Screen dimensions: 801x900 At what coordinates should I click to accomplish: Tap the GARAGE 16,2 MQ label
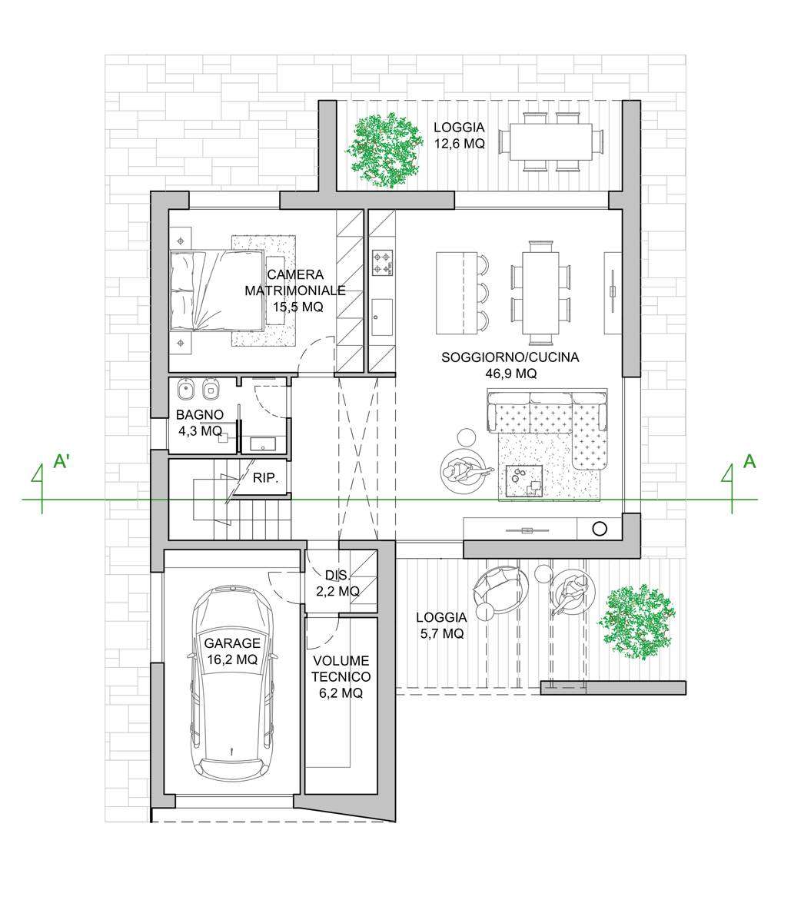point(232,652)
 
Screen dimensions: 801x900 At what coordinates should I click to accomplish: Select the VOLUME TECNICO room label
point(341,669)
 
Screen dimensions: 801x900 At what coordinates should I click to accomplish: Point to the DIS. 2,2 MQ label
point(338,583)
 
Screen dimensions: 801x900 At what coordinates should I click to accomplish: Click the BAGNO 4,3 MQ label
point(200,423)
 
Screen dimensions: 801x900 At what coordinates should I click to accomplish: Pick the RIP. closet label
point(265,477)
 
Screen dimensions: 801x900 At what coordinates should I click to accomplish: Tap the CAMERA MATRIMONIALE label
point(295,283)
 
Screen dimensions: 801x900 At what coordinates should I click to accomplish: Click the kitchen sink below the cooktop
point(382,317)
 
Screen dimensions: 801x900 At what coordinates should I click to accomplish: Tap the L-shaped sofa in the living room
point(547,429)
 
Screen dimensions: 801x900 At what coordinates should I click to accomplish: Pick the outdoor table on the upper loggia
point(551,141)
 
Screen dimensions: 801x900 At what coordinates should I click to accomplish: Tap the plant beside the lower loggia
point(636,622)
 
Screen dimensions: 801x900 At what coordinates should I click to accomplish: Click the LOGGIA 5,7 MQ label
point(441,626)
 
